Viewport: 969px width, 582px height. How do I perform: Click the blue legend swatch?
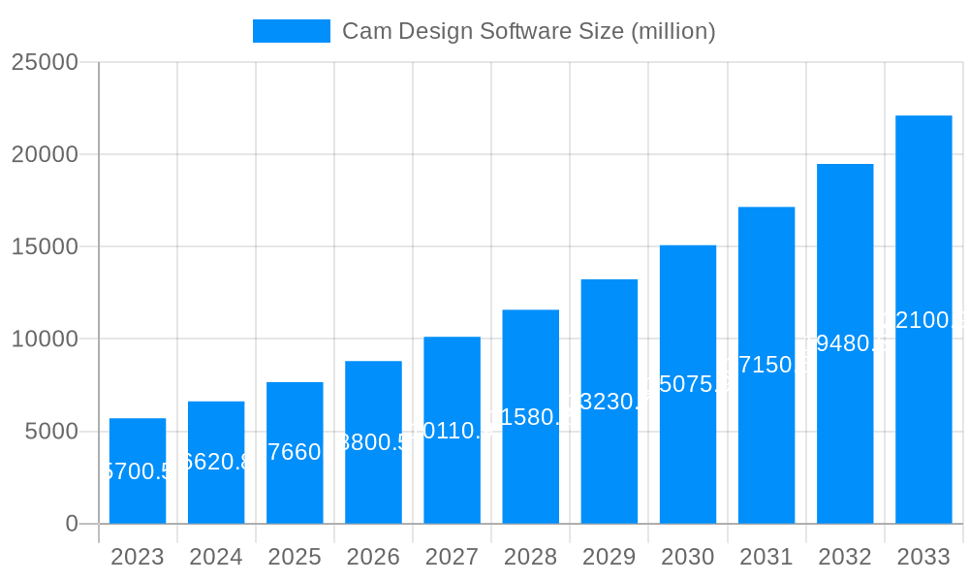tap(291, 31)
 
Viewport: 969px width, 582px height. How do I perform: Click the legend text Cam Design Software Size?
tap(529, 31)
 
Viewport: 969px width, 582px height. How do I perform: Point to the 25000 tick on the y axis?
tap(45, 62)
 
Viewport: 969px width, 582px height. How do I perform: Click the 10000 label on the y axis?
tap(45, 339)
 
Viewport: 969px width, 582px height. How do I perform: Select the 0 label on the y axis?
tap(71, 524)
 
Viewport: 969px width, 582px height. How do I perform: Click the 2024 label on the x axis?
tap(216, 558)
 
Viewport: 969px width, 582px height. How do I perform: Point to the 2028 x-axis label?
tap(530, 558)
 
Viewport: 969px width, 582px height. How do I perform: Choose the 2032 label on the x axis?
tap(845, 558)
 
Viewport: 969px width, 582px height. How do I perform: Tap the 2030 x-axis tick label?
tap(688, 558)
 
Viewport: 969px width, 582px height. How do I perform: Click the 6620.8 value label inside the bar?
tap(216, 462)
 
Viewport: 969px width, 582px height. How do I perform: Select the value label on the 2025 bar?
tap(295, 452)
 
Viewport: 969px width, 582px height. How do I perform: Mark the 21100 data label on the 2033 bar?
tap(923, 320)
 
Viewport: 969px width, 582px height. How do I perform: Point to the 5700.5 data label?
tap(138, 471)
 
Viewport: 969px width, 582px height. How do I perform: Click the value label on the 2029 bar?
tap(610, 402)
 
